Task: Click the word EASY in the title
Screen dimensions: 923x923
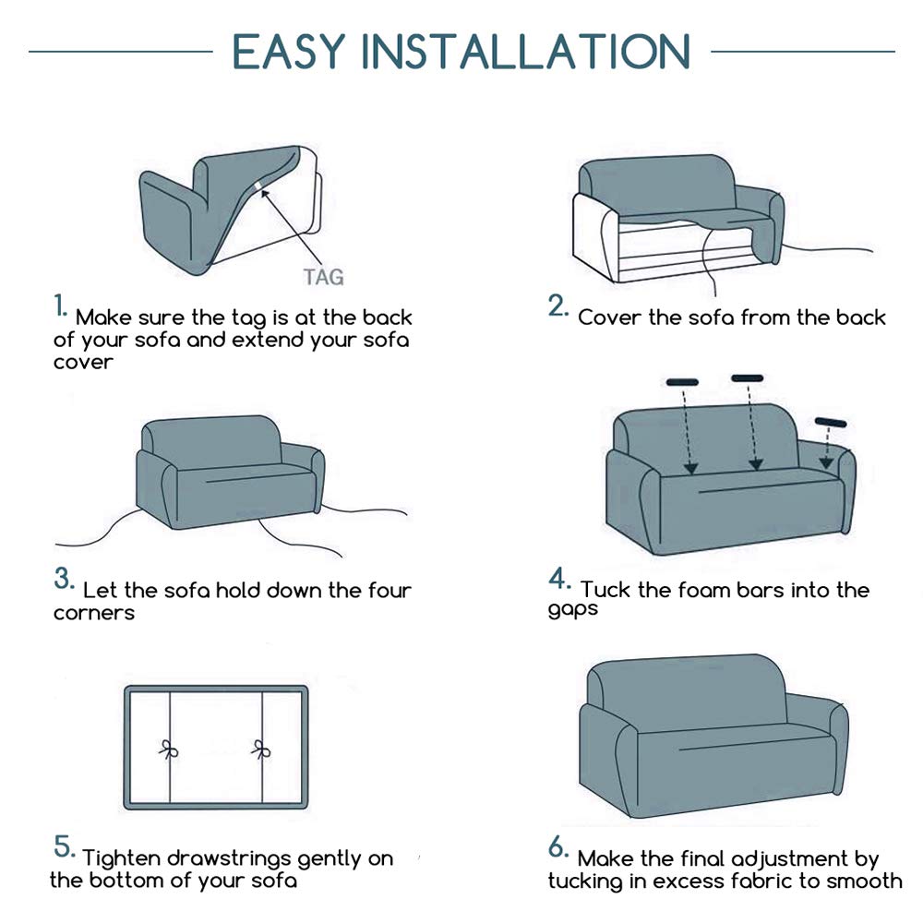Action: pyautogui.click(x=288, y=51)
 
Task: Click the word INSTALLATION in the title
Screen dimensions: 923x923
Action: pyautogui.click(x=525, y=51)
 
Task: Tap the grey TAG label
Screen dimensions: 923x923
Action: pyautogui.click(x=323, y=277)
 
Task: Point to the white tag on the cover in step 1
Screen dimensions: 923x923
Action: pyautogui.click(x=258, y=187)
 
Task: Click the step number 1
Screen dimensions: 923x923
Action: pyautogui.click(x=61, y=306)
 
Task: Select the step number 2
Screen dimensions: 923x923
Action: pyautogui.click(x=557, y=306)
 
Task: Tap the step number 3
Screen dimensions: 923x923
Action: pyautogui.click(x=64, y=579)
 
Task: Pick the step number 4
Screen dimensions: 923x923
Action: pyautogui.click(x=559, y=579)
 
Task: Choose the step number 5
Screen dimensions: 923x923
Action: pyautogui.click(x=65, y=846)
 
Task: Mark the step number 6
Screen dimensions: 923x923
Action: pyautogui.click(x=558, y=847)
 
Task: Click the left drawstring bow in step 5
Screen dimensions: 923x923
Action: pyautogui.click(x=169, y=749)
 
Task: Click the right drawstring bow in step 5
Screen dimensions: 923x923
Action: pyautogui.click(x=261, y=749)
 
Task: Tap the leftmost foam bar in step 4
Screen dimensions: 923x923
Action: pyautogui.click(x=682, y=382)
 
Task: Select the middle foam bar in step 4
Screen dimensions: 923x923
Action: pyautogui.click(x=748, y=378)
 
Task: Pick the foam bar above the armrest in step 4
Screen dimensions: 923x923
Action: pyautogui.click(x=831, y=422)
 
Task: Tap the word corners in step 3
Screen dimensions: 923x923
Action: pyautogui.click(x=94, y=614)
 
